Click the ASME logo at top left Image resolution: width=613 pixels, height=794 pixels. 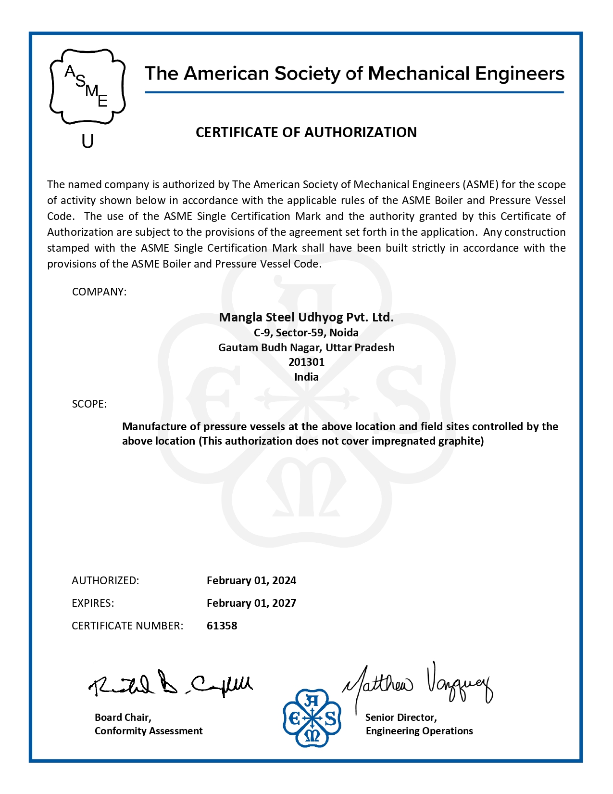pos(88,87)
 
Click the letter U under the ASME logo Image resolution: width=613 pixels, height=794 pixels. pos(88,141)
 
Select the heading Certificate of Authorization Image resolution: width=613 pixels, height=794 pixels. pos(306,132)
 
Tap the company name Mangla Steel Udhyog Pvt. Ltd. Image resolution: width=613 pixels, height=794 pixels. pos(306,317)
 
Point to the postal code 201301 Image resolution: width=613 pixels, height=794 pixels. pos(306,362)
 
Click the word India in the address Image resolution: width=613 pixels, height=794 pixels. pos(306,377)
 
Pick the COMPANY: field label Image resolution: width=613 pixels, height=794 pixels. pos(99,292)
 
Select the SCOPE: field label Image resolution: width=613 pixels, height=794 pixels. pos(89,404)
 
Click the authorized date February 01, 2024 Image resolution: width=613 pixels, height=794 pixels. pos(251,580)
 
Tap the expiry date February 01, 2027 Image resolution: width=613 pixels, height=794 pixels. pos(251,603)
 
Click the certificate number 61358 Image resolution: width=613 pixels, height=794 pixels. pos(222,626)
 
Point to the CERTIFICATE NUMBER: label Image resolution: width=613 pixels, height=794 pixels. pos(127,626)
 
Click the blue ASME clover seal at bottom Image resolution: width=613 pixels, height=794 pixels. pos(312,718)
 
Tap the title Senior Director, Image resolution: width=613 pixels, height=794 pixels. pos(401,717)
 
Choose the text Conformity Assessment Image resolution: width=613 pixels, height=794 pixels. pos(149,731)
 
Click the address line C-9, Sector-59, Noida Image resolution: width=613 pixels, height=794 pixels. pos(306,333)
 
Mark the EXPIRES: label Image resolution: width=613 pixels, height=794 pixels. pos(93,603)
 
